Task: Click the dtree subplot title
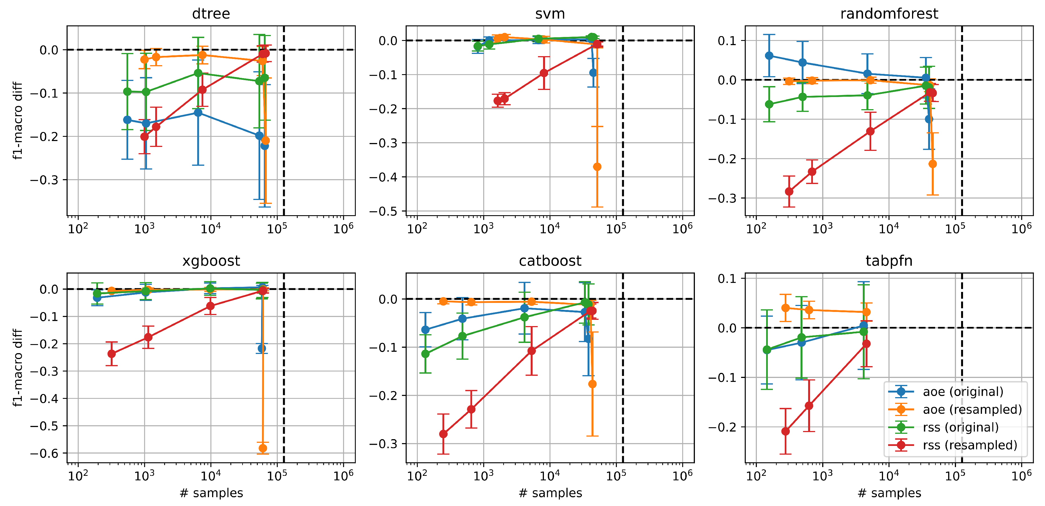(x=211, y=14)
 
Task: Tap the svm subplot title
(x=550, y=14)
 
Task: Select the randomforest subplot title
(x=889, y=14)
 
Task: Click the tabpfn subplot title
(x=889, y=261)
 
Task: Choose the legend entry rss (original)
(x=960, y=427)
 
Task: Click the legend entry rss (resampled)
(x=970, y=445)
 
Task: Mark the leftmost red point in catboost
(x=443, y=434)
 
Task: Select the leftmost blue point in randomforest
(x=769, y=56)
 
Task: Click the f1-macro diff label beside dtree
(x=17, y=121)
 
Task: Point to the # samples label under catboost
(x=550, y=493)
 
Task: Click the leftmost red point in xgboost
(x=112, y=354)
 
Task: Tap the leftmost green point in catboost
(x=425, y=354)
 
